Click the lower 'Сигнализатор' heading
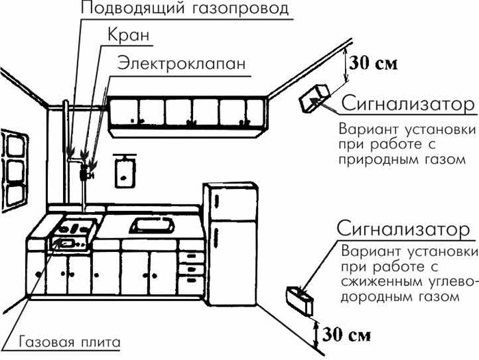click(x=408, y=228)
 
